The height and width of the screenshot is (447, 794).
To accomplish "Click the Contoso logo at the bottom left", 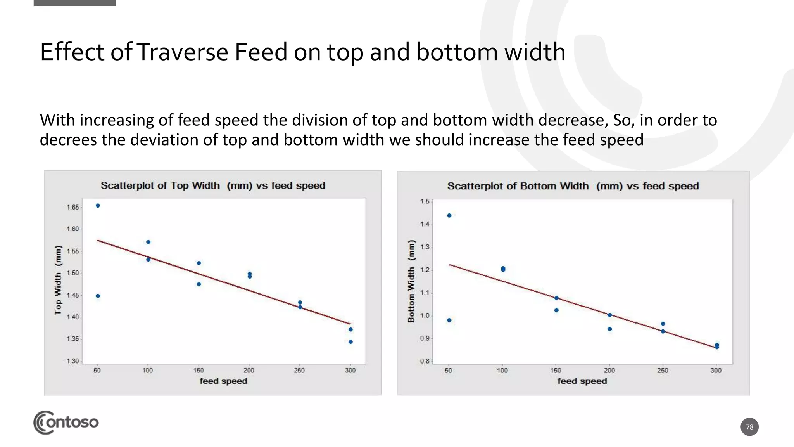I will pyautogui.click(x=66, y=422).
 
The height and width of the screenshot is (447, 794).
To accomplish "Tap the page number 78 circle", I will pyautogui.click(x=749, y=427).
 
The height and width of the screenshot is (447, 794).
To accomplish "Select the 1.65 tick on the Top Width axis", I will pyautogui.click(x=72, y=207).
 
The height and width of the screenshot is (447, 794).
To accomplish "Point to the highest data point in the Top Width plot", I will pyautogui.click(x=98, y=206).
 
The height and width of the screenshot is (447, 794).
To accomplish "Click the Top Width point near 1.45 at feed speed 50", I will pyautogui.click(x=98, y=296).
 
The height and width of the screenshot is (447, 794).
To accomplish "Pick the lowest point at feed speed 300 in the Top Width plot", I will pyautogui.click(x=350, y=342).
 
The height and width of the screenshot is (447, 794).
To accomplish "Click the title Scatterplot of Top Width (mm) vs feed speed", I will pyautogui.click(x=213, y=185).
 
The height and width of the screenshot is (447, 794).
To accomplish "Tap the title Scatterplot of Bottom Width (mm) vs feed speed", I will pyautogui.click(x=573, y=186).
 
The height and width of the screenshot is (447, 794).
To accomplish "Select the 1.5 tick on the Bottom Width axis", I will pyautogui.click(x=425, y=201).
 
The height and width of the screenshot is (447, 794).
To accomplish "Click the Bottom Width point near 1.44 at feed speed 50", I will pyautogui.click(x=449, y=215).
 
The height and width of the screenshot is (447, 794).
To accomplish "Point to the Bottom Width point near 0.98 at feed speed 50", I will pyautogui.click(x=449, y=320).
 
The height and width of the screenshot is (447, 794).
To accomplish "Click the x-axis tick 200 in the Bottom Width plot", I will pyautogui.click(x=609, y=371).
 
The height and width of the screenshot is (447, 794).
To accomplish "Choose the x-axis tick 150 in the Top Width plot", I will pyautogui.click(x=198, y=371).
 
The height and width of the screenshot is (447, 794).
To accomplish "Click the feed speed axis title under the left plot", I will pyautogui.click(x=223, y=381).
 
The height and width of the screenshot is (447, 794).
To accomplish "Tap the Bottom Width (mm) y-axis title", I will pyautogui.click(x=411, y=281).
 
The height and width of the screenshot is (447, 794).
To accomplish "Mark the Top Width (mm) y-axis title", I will pyautogui.click(x=58, y=280).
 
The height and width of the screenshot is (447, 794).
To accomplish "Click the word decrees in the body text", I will pyautogui.click(x=68, y=140).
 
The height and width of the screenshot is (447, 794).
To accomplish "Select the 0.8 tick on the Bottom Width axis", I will pyautogui.click(x=425, y=361).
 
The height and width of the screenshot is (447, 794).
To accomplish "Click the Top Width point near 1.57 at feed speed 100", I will pyautogui.click(x=148, y=242).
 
